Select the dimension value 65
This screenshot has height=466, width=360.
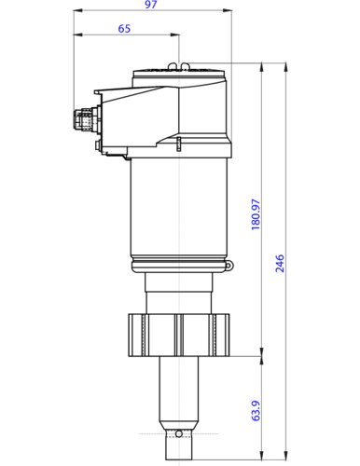click(x=125, y=29)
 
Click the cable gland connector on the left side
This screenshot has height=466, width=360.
click(x=85, y=118)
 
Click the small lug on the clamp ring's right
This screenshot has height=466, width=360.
click(x=228, y=268)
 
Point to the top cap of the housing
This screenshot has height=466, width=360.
click(x=179, y=74)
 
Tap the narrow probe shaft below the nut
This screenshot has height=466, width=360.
click(x=179, y=391)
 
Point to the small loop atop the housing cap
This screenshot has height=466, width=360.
click(x=185, y=65)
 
